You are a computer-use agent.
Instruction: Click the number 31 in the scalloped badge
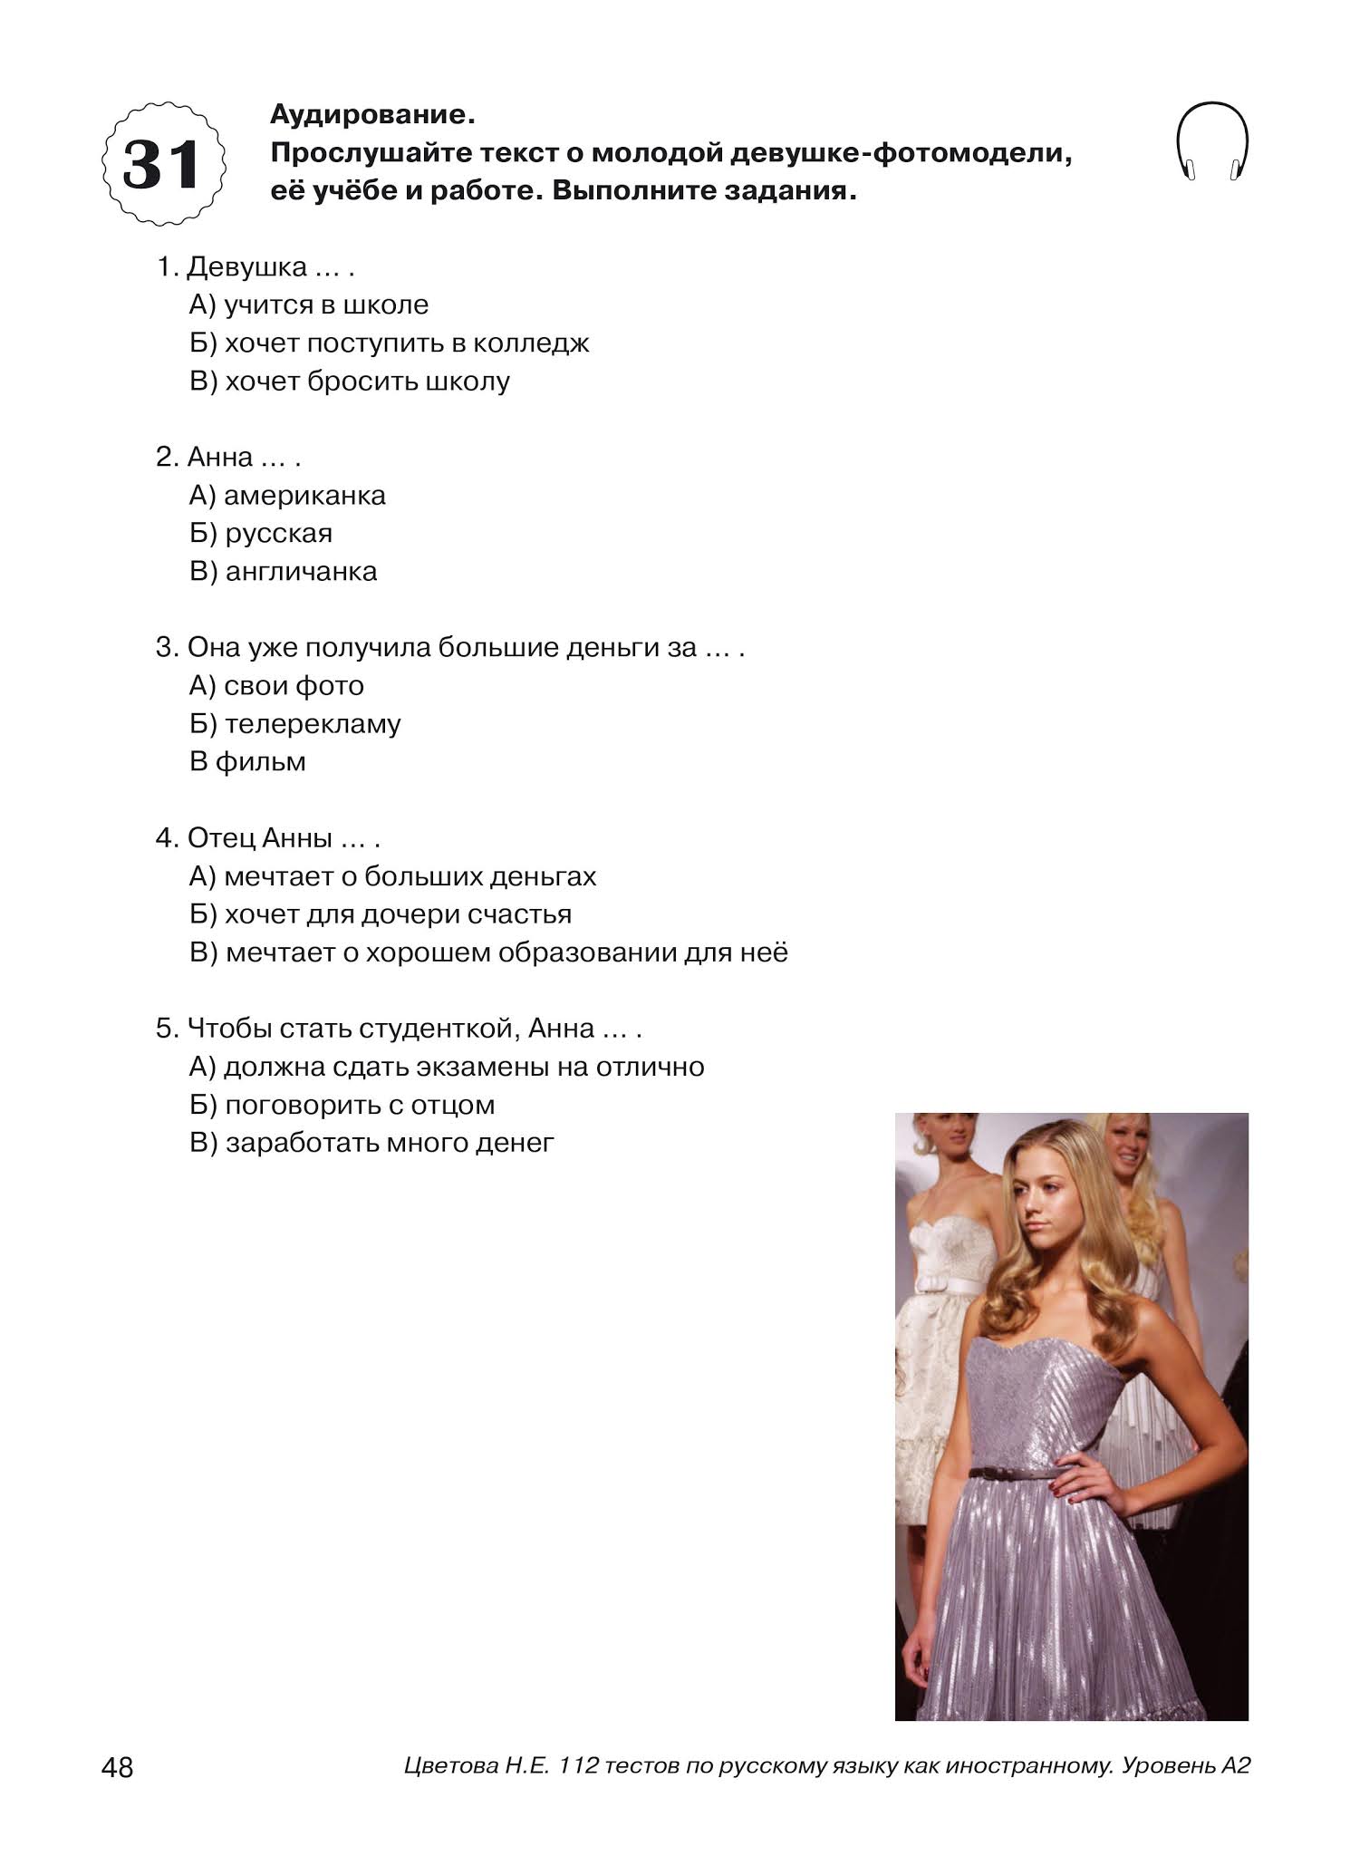[162, 165]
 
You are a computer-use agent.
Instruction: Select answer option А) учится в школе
[309, 305]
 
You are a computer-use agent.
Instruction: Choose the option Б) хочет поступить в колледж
[390, 343]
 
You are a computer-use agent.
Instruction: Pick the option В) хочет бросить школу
[350, 382]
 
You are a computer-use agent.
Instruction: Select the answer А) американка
[287, 496]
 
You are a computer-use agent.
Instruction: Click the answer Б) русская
[261, 534]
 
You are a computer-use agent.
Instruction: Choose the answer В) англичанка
[283, 572]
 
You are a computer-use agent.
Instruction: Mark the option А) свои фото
[276, 686]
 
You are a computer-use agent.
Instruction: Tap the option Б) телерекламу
[294, 724]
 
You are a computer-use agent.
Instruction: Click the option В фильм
[247, 762]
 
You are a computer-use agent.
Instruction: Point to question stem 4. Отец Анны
[267, 838]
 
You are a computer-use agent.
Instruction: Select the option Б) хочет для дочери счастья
[381, 914]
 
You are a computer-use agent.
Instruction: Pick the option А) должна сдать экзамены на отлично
[447, 1068]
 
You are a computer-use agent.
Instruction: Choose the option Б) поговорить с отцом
[342, 1106]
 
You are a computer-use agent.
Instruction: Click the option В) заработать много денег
[371, 1144]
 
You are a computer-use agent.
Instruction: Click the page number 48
[118, 1767]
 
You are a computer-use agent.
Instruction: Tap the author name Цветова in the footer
[450, 1766]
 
